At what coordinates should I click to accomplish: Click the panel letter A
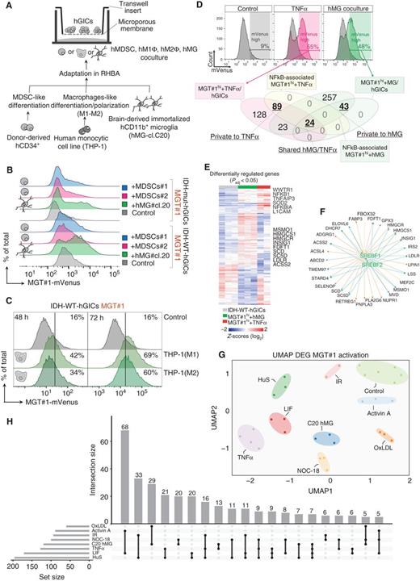[x=6, y=6]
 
